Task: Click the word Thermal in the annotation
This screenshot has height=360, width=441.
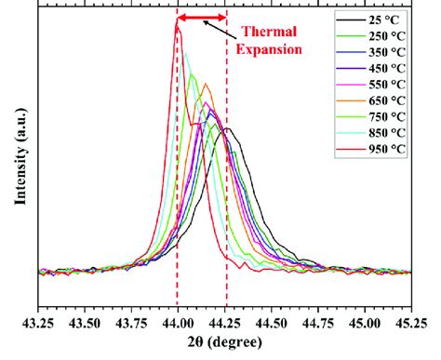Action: (x=271, y=31)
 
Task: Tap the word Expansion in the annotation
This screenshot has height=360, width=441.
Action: (x=271, y=48)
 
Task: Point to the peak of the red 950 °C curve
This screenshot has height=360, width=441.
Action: (x=177, y=26)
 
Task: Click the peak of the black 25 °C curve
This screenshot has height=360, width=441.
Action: (x=227, y=128)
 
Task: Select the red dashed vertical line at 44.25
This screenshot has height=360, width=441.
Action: (x=226, y=186)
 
